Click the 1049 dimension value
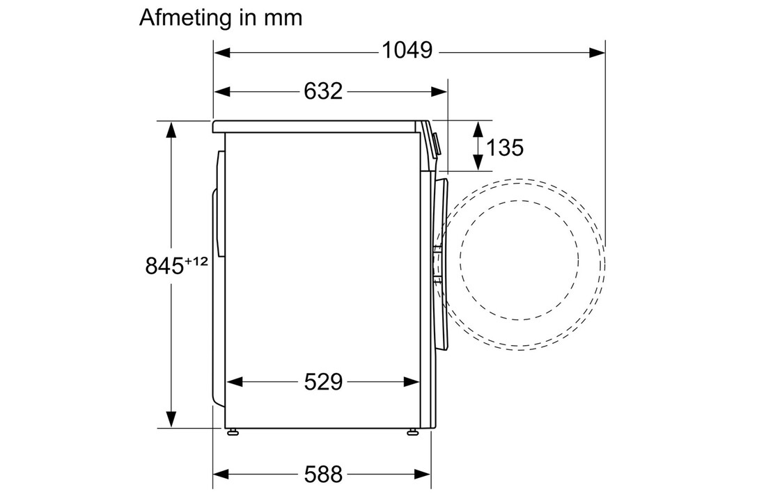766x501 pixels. coord(407,50)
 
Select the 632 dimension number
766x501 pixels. coord(323,91)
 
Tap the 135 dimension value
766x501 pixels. coord(505,148)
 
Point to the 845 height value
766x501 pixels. coord(164,267)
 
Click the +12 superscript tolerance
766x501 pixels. coord(196,262)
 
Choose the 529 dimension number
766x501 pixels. coord(323,382)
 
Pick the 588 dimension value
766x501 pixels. coord(323,474)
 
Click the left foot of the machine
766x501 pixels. coord(233,431)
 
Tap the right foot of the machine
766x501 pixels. coord(413,431)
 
